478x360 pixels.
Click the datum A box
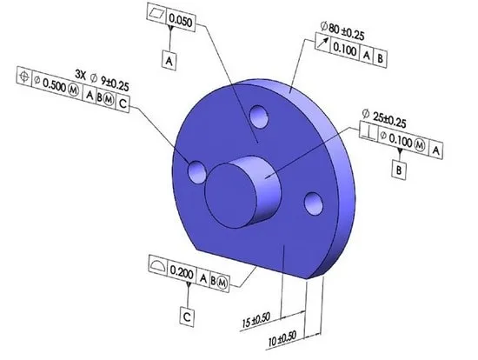click(169, 62)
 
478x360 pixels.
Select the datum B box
click(399, 170)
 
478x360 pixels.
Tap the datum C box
click(187, 317)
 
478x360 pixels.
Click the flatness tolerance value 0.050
click(181, 21)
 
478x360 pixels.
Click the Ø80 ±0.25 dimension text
click(342, 30)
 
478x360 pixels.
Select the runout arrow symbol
click(322, 43)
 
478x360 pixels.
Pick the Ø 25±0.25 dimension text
click(384, 118)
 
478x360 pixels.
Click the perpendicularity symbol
click(369, 132)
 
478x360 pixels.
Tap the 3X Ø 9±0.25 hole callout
click(102, 80)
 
